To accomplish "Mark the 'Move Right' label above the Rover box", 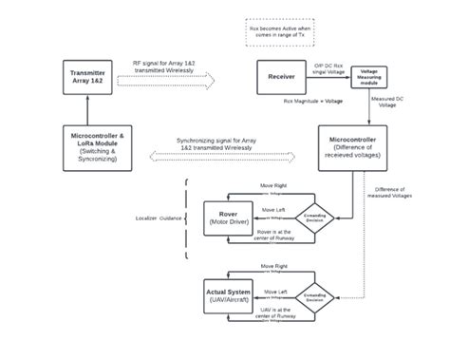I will [x=273, y=186].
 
